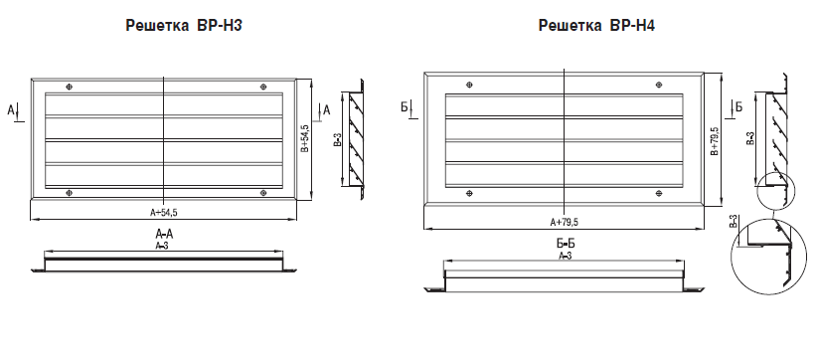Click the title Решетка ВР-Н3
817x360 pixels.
coord(184,26)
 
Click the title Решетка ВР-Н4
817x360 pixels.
coord(596,26)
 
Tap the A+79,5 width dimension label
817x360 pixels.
coord(565,222)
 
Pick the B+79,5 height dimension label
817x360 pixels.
coord(715,141)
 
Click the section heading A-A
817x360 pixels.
coord(164,233)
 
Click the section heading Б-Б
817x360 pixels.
coord(565,244)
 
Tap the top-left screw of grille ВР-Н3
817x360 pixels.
coord(70,87)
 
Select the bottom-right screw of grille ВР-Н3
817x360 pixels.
coord(263,193)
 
